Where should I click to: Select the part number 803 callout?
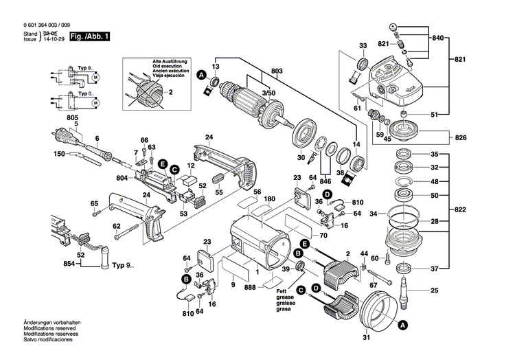[x=277, y=71]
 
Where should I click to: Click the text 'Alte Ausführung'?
[x=171, y=62]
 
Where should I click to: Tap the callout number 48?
[x=435, y=182]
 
